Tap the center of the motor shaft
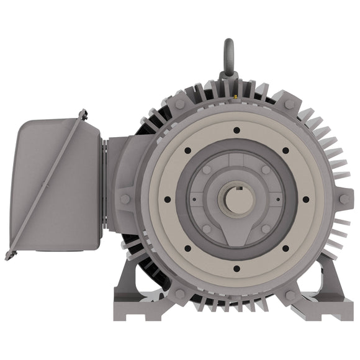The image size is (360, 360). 236,200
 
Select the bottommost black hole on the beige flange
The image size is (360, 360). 236,269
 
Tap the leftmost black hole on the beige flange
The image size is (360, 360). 167,200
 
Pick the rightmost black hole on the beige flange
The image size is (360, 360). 305,200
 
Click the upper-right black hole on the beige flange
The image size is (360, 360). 285,151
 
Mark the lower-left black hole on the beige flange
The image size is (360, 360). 187,249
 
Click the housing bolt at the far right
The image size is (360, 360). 343,199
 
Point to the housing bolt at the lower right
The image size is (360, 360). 290,295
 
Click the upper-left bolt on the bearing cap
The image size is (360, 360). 207,169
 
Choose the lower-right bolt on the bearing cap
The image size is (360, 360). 266,229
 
